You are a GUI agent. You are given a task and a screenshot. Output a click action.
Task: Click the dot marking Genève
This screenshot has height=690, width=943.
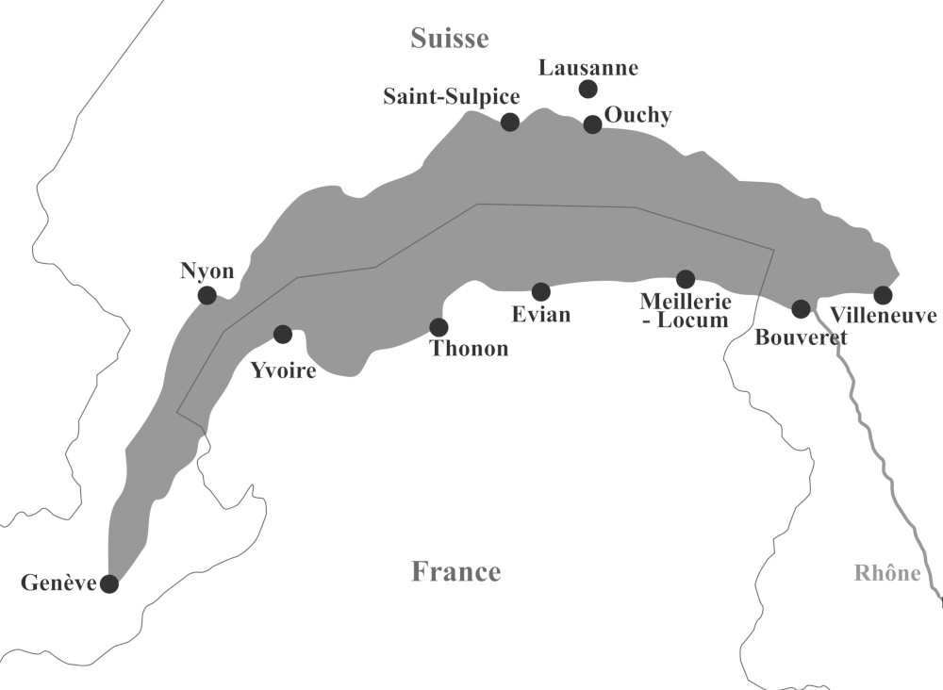click(109, 583)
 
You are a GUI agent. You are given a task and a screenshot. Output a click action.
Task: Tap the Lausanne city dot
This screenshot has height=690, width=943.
click(587, 89)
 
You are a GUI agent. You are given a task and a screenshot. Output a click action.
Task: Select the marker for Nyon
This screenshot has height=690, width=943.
click(207, 295)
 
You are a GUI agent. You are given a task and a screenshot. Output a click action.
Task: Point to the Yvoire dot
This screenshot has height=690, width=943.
click(282, 334)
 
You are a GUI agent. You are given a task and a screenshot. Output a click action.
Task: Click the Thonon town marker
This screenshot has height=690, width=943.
click(438, 327)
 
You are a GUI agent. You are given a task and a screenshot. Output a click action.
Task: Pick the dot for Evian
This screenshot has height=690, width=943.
click(540, 291)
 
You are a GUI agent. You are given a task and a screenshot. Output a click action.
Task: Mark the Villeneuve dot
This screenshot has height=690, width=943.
click(883, 294)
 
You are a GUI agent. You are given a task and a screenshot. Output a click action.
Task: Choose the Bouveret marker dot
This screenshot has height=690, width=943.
click(801, 308)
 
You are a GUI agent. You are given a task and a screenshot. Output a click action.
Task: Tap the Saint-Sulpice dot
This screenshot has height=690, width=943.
click(510, 121)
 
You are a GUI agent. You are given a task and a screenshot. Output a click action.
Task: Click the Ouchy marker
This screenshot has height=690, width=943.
click(592, 124)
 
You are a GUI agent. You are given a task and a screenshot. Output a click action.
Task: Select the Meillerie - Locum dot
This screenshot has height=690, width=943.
click(686, 279)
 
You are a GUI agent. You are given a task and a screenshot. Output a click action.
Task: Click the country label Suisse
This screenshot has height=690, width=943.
click(450, 38)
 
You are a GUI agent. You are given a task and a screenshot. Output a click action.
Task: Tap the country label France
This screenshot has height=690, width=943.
click(455, 571)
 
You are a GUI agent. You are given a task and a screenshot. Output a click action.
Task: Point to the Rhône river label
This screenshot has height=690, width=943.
click(886, 573)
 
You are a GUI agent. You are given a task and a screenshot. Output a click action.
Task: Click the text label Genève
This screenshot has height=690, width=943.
click(58, 583)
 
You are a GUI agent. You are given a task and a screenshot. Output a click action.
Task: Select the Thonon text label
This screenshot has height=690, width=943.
click(469, 349)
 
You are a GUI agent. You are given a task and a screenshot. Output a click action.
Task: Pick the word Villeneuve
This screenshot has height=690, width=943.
click(884, 316)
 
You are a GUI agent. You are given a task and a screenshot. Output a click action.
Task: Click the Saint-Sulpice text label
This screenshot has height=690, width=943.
click(452, 96)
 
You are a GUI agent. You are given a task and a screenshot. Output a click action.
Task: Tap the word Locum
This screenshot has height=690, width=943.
click(696, 321)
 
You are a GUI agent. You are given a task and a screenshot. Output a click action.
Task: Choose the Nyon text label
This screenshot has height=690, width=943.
click(207, 271)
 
